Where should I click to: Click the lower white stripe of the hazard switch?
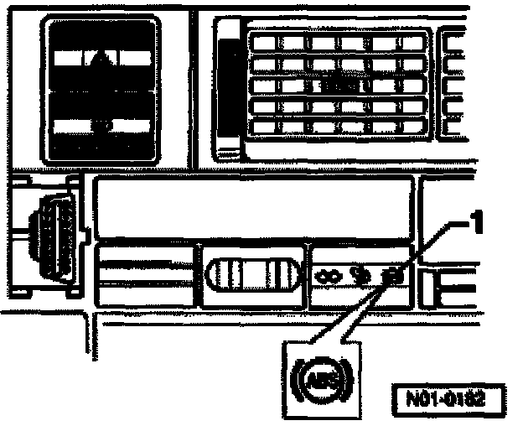click(101, 127)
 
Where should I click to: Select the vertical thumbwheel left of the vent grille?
click(227, 88)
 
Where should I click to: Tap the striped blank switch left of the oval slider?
click(148, 274)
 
